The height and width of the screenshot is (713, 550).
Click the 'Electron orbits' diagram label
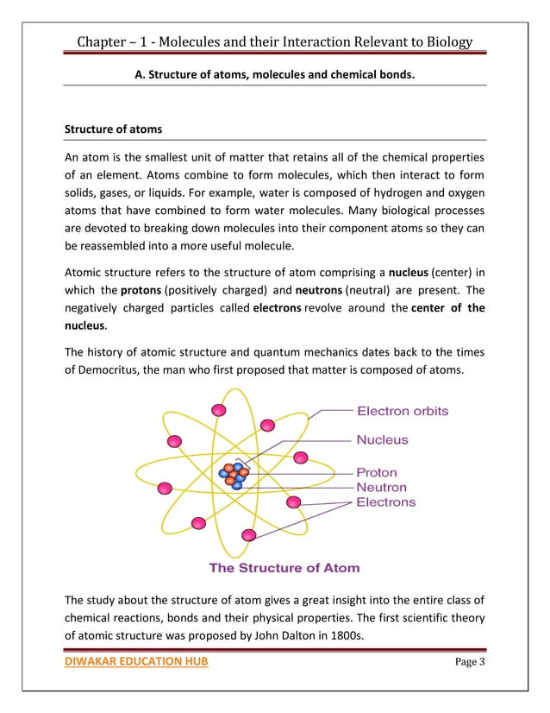pos(403,411)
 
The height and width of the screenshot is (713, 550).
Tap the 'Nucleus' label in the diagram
pos(383,439)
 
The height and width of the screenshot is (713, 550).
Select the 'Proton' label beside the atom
pos(377,472)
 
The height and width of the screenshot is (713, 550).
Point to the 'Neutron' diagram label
pos(381,487)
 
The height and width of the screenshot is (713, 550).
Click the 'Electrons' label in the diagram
pos(385,502)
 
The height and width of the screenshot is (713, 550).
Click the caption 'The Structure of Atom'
pos(284,568)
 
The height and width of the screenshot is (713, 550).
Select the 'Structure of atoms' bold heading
pos(113,129)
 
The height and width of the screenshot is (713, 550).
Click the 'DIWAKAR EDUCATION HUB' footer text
pos(136,661)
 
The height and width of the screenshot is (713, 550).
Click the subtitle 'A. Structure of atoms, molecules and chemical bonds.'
pos(275,75)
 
